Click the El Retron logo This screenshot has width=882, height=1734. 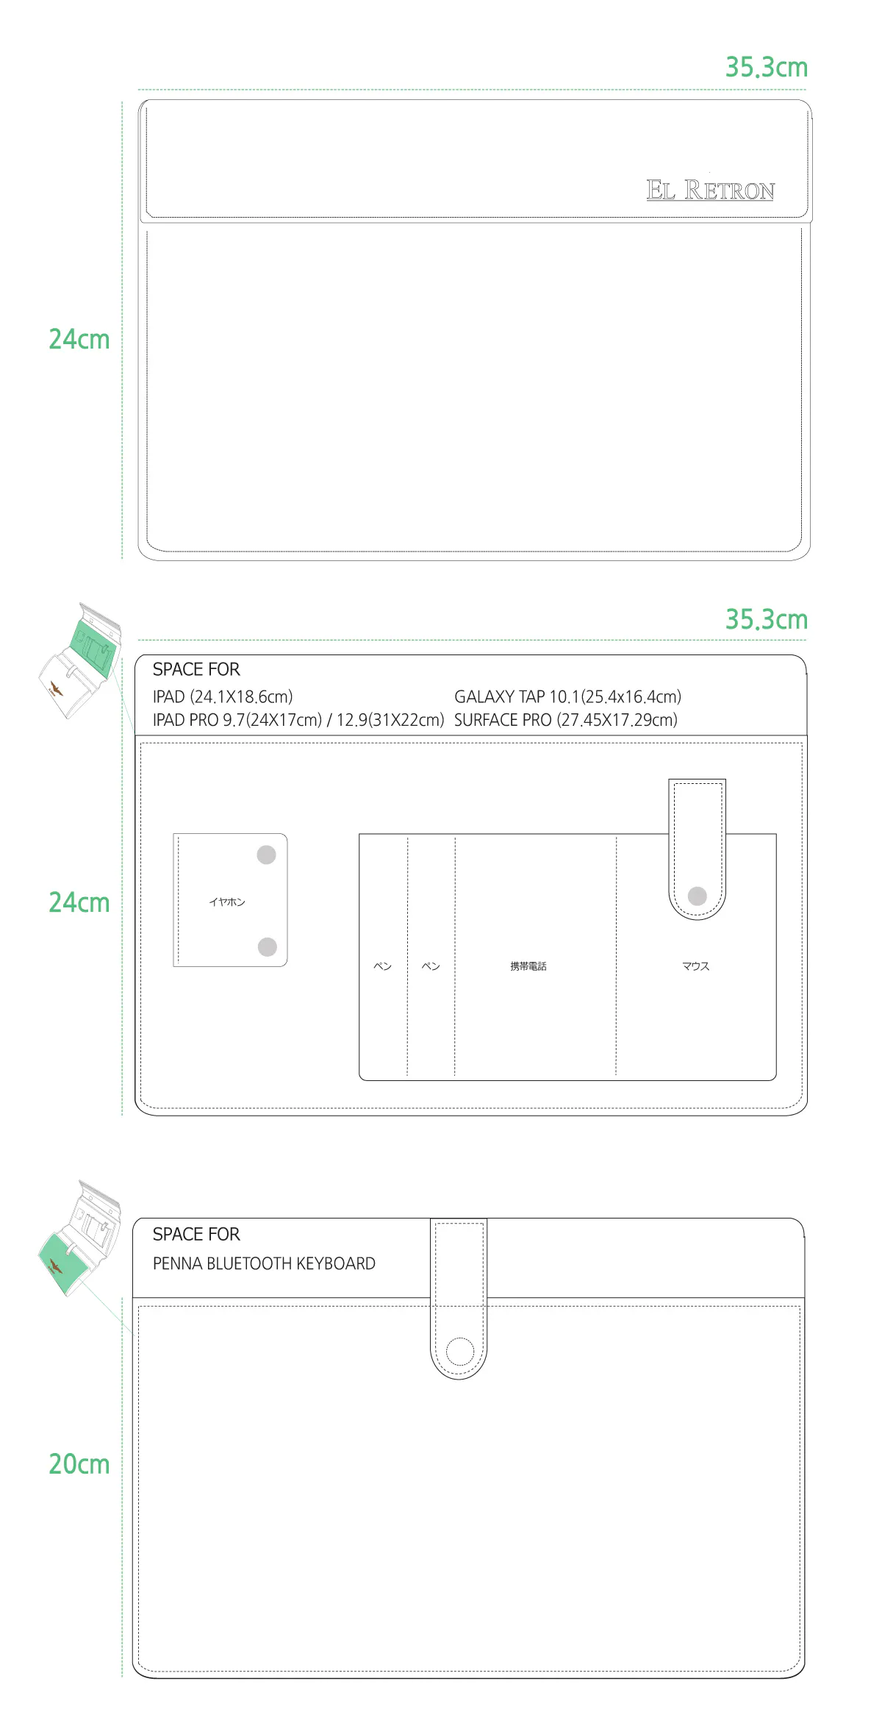(x=710, y=190)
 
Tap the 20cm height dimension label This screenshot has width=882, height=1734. (x=79, y=1464)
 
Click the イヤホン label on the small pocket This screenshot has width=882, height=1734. (x=227, y=902)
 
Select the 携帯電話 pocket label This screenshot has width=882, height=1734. (x=528, y=966)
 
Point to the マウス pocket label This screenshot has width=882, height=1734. (x=695, y=966)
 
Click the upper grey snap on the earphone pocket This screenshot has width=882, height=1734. (x=266, y=854)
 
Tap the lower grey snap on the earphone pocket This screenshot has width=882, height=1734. (x=268, y=946)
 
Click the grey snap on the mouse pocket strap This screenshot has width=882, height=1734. (x=698, y=896)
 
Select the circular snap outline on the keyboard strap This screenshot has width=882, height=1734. (x=460, y=1351)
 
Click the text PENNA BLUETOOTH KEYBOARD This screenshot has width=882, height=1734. (x=264, y=1263)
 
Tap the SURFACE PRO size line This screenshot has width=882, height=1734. (x=566, y=720)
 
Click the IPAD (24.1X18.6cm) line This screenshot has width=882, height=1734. (x=223, y=696)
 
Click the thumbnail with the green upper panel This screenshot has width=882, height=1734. (x=79, y=660)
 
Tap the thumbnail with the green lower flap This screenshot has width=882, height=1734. (x=79, y=1238)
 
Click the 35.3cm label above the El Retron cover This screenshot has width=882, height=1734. (x=767, y=68)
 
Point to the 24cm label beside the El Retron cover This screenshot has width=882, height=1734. (x=79, y=339)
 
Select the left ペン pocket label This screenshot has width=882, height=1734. (x=383, y=966)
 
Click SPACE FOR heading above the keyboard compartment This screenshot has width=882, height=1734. (x=196, y=1234)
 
